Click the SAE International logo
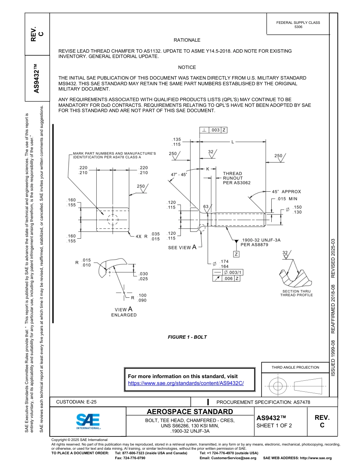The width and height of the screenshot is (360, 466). pyautogui.click(x=88, y=421)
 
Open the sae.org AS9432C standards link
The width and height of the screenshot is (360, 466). pyautogui.click(x=186, y=383)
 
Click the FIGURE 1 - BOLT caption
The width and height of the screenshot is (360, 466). pyautogui.click(x=187, y=337)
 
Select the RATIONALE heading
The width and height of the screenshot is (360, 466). pyautogui.click(x=187, y=40)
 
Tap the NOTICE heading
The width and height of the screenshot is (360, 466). pyautogui.click(x=187, y=67)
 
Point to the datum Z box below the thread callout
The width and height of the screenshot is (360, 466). pyautogui.click(x=236, y=254)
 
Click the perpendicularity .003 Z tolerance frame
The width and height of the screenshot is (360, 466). pyautogui.click(x=213, y=130)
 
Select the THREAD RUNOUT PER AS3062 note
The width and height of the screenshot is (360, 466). pyautogui.click(x=236, y=178)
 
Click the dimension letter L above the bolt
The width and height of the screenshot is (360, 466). pyautogui.click(x=233, y=142)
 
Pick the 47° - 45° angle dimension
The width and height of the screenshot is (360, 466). pyautogui.click(x=179, y=175)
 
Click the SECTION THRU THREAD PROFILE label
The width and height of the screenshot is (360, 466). pyautogui.click(x=296, y=293)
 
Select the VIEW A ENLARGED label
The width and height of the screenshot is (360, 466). pyautogui.click(x=124, y=312)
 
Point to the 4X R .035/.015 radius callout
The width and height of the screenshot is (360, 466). pyautogui.click(x=148, y=236)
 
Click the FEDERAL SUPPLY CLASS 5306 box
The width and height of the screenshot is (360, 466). pyautogui.click(x=298, y=25)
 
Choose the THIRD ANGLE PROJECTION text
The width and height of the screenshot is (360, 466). pyautogui.click(x=295, y=367)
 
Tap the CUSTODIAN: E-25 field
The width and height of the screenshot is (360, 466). pyautogui.click(x=79, y=402)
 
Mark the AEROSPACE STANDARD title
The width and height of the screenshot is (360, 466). pyautogui.click(x=190, y=412)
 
